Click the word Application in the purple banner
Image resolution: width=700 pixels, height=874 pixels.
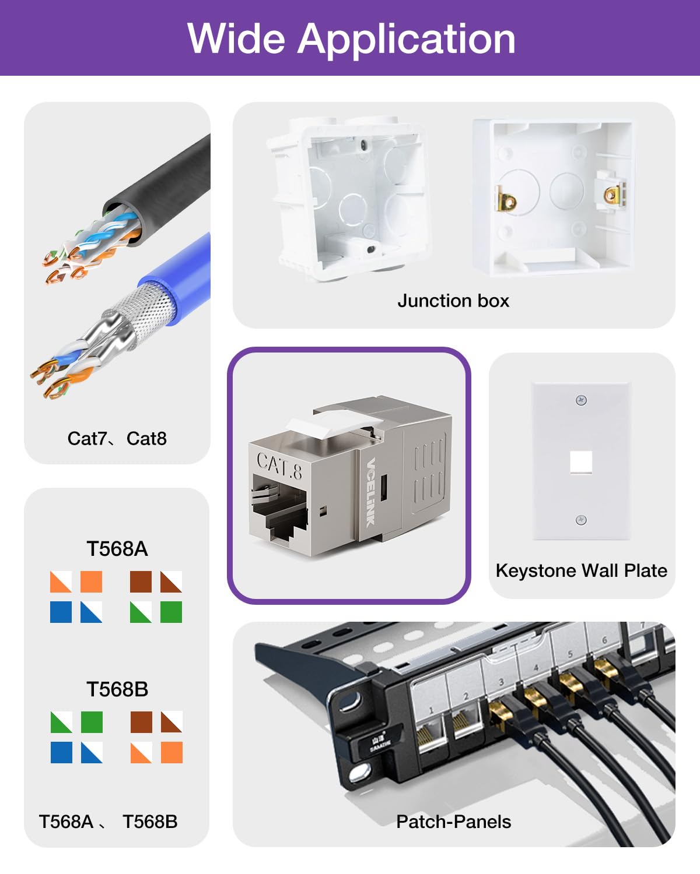click(407, 40)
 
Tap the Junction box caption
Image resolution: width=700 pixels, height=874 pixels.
click(453, 301)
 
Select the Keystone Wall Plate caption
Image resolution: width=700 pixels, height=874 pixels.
click(581, 570)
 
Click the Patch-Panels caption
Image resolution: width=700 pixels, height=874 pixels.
click(453, 822)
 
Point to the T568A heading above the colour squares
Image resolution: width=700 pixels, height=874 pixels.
click(117, 549)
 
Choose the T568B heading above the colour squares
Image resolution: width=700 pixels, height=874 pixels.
click(117, 689)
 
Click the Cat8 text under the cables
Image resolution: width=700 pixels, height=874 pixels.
click(146, 438)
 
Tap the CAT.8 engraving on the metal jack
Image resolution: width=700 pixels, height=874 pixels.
click(279, 466)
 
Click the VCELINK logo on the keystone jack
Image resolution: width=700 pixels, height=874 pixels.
click(370, 492)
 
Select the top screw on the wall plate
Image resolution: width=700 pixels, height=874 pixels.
click(581, 400)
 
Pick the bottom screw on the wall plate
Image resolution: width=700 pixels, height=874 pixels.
click(581, 520)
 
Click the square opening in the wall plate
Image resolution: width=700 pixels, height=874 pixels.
click(581, 462)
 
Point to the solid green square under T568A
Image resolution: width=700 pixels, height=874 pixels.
click(171, 612)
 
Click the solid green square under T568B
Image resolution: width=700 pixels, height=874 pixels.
click(92, 722)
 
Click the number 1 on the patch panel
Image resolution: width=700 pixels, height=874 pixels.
click(431, 710)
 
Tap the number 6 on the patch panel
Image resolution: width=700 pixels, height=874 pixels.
click(604, 640)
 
